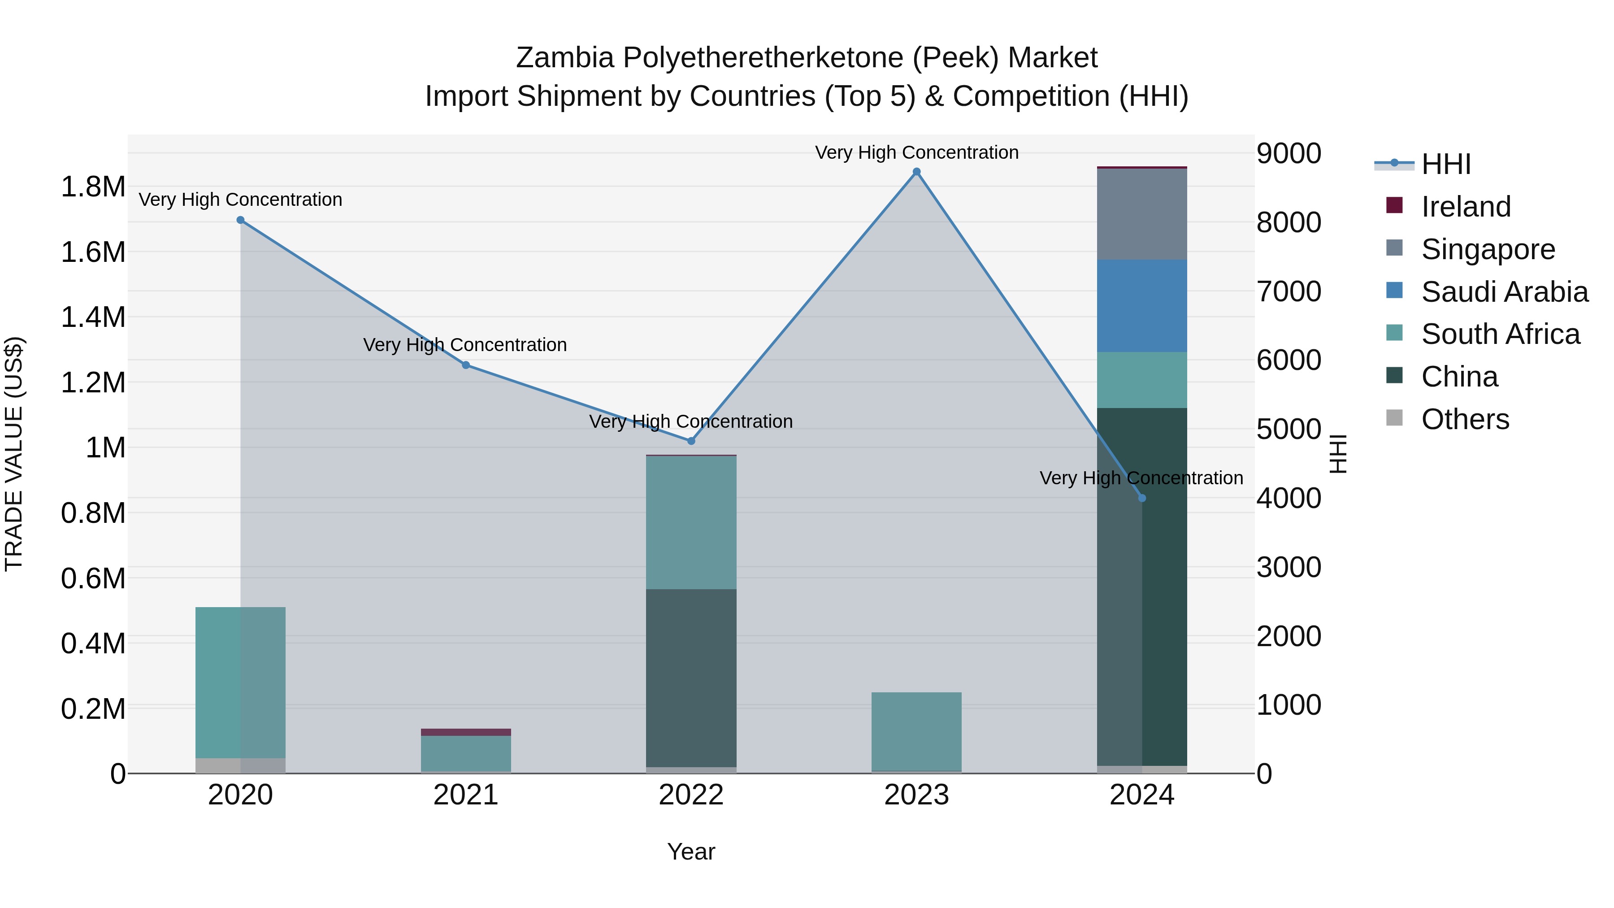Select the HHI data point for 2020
[241, 220]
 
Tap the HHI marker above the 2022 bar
[691, 441]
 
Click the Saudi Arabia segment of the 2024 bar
[1141, 306]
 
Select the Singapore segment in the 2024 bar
[1141, 214]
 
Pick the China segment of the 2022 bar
[691, 678]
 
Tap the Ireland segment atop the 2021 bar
[465, 732]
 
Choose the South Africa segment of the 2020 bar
[241, 682]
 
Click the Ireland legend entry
[1466, 207]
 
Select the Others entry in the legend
[1465, 419]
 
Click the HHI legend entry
[1445, 164]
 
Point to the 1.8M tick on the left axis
[93, 187]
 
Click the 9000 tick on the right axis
[1289, 153]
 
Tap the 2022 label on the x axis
[691, 795]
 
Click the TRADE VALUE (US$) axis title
[14, 454]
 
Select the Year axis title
[691, 852]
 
